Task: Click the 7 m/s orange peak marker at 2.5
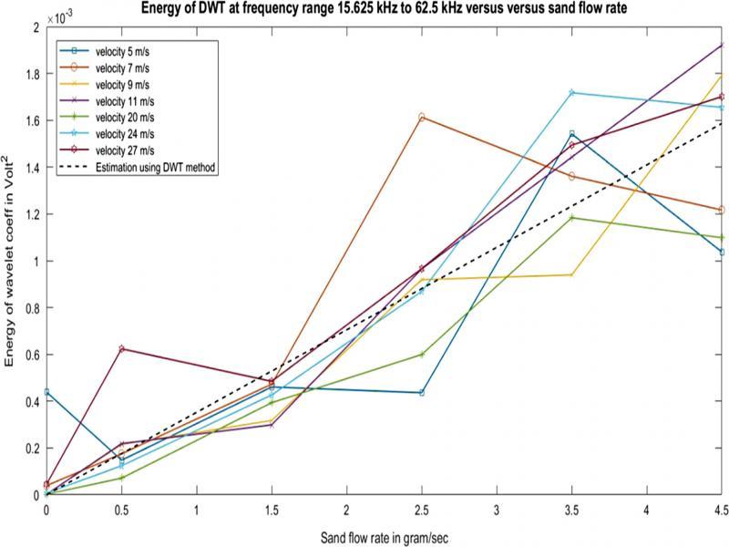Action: point(422,118)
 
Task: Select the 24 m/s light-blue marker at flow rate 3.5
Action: point(571,92)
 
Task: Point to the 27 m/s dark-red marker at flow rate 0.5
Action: point(122,349)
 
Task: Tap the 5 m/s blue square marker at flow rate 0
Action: point(46,392)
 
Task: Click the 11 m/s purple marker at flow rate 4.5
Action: point(721,45)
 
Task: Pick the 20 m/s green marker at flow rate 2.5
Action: point(422,354)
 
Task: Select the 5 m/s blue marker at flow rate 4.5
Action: point(721,252)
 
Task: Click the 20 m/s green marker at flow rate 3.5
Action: point(571,218)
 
